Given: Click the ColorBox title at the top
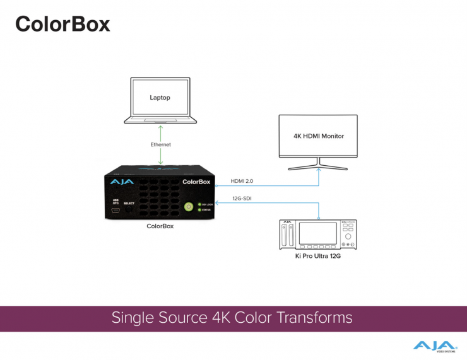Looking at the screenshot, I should pyautogui.click(x=62, y=24).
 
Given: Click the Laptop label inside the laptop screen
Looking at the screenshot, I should pyautogui.click(x=160, y=98).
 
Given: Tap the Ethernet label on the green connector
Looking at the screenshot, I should pyautogui.click(x=160, y=144).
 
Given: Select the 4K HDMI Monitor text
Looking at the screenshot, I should pyautogui.click(x=318, y=136).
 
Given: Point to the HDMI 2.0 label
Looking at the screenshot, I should pyautogui.click(x=242, y=181).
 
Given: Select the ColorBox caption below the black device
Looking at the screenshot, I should pyautogui.click(x=160, y=226).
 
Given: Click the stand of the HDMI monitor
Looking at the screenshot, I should pyautogui.click(x=318, y=165).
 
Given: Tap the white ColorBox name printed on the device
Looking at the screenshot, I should pyautogui.click(x=196, y=182).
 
